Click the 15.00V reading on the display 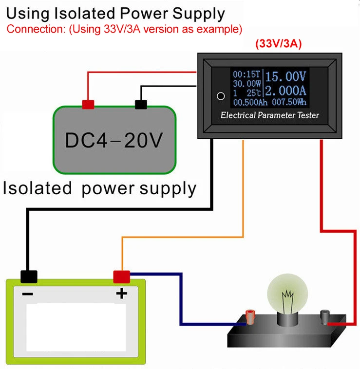click(287, 76)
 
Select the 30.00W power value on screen click(247, 84)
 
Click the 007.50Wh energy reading click(290, 102)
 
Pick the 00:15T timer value click(247, 74)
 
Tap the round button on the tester click(220, 95)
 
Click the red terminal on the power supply click(88, 104)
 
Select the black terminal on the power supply click(141, 104)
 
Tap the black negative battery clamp click(29, 277)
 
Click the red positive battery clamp click(121, 277)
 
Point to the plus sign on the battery click(121, 293)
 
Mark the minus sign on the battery click(28, 294)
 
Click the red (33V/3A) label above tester click(278, 44)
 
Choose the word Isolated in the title click(75, 13)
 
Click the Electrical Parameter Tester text click(269, 115)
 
